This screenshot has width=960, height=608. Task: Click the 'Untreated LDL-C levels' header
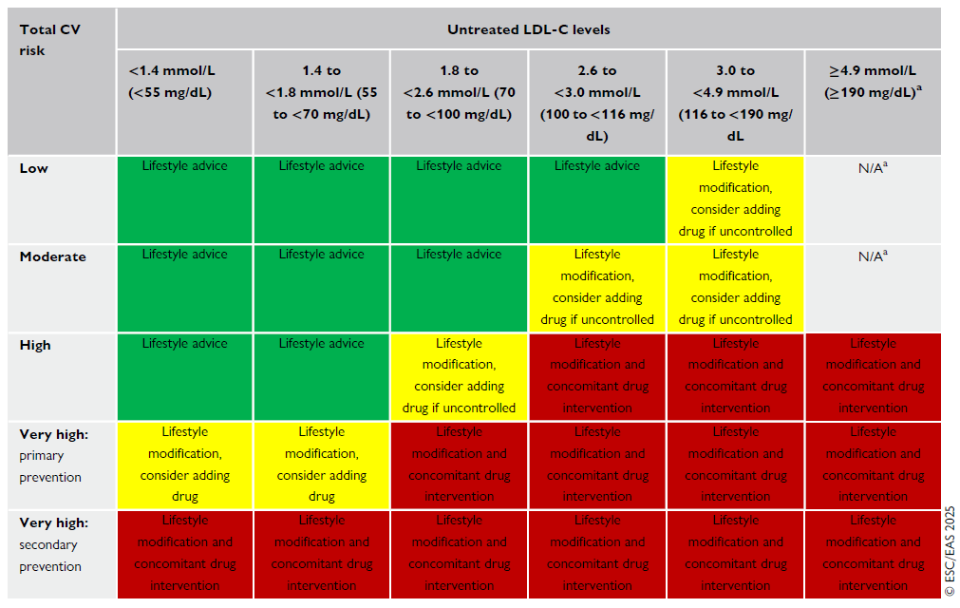(528, 29)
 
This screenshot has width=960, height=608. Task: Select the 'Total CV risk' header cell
(49, 40)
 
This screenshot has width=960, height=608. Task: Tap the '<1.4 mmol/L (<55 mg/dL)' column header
(184, 82)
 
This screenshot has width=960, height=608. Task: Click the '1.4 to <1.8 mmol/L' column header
(321, 92)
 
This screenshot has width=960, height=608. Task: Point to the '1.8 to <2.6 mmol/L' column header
(459, 92)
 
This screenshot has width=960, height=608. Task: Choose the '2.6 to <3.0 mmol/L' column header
(597, 103)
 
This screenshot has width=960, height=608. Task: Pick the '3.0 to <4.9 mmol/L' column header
(735, 103)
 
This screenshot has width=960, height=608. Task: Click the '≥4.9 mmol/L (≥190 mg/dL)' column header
(873, 82)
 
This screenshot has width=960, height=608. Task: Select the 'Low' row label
(34, 168)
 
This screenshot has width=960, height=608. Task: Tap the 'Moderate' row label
(52, 256)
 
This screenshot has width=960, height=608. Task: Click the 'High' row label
(35, 345)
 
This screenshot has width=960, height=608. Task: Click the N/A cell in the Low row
(873, 168)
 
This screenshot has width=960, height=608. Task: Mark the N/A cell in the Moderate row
(873, 256)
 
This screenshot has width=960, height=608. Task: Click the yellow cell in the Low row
(735, 199)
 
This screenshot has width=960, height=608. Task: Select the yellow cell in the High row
(459, 375)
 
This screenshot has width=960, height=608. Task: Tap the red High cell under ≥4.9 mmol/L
(873, 375)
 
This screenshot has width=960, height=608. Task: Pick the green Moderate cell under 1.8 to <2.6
(459, 287)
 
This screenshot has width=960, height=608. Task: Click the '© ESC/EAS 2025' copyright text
(950, 542)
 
